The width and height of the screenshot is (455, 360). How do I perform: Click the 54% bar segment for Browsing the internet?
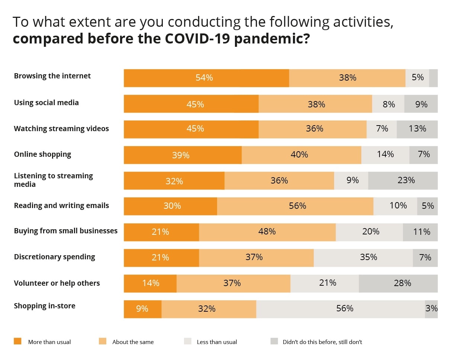coord(206,78)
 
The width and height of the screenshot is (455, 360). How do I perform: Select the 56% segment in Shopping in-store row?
coord(341,309)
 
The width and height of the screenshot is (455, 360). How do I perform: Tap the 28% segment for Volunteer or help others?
coord(398,283)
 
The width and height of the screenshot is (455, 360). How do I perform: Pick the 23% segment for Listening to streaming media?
coord(403,181)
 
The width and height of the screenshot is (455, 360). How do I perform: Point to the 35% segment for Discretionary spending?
coord(363,258)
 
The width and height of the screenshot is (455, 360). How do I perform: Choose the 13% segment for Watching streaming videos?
coord(417,129)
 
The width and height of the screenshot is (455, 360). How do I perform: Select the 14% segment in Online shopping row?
coord(385,155)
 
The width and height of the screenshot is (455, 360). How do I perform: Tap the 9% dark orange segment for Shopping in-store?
coord(142,309)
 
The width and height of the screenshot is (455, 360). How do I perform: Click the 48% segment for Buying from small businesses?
coord(267,232)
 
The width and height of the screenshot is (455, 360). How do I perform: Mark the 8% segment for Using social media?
coord(388,104)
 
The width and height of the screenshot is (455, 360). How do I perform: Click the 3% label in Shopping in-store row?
coord(432,309)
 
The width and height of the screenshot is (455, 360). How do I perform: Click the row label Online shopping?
coord(42,154)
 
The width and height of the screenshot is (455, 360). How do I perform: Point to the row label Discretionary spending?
coord(54,257)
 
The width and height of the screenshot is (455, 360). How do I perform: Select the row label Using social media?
coord(46,103)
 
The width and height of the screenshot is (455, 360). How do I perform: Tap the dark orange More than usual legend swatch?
coord(17,341)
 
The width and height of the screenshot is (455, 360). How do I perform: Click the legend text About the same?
coord(133,342)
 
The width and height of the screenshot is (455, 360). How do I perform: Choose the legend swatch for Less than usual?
coord(187,341)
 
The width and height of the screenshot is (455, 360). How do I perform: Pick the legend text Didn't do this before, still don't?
coord(322,342)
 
